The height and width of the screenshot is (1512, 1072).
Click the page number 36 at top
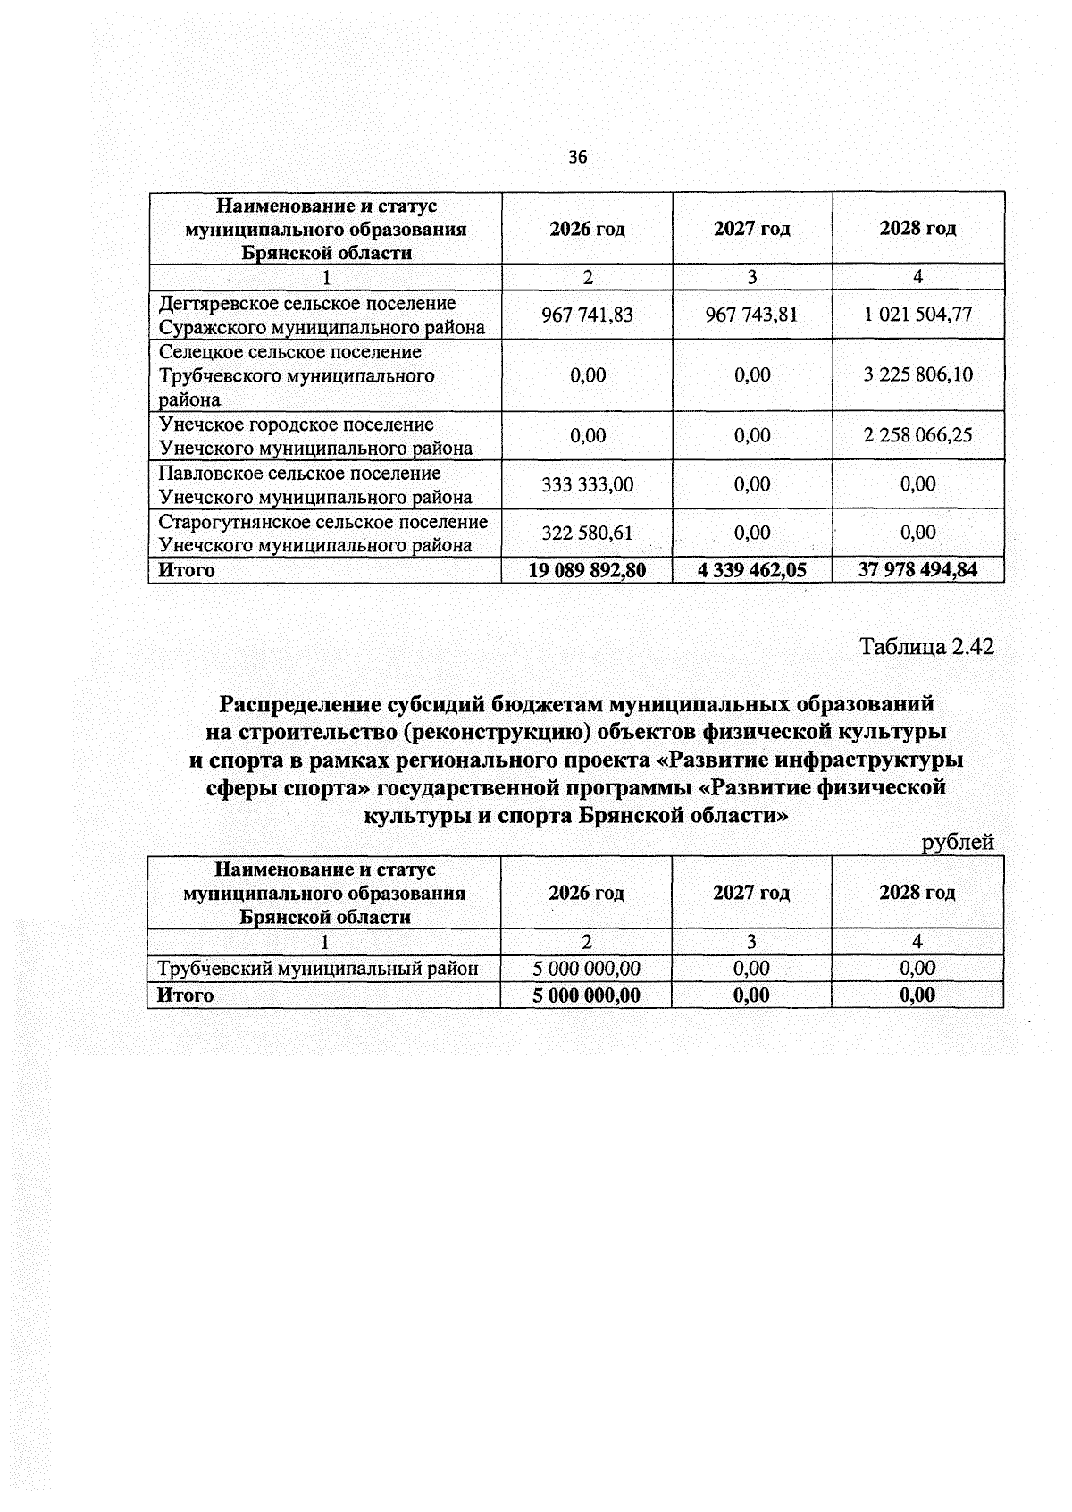point(578,157)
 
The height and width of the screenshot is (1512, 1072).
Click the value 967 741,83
point(587,315)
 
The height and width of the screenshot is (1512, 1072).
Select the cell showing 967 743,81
point(751,315)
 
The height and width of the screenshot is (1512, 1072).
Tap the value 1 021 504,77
point(917,315)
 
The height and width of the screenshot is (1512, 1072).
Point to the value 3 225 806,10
point(917,374)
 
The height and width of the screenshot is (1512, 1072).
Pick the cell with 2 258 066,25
point(917,435)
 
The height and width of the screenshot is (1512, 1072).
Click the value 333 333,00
point(587,484)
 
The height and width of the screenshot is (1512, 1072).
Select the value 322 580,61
point(587,533)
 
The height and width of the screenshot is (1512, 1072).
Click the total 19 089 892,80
point(587,570)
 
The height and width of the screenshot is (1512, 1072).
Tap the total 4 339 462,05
point(751,570)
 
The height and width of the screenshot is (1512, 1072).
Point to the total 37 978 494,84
point(917,570)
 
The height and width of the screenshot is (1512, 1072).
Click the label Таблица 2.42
point(926,646)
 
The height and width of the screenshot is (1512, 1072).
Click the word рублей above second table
point(958,842)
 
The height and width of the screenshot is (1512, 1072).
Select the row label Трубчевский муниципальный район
point(318,968)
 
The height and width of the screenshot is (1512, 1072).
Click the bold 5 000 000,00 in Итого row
point(586,995)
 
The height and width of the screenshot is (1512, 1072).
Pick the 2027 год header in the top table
point(751,229)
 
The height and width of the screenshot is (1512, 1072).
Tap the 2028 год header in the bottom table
point(917,893)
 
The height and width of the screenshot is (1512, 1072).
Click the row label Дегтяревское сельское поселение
point(307,304)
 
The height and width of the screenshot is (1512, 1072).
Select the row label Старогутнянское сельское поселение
point(323,522)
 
